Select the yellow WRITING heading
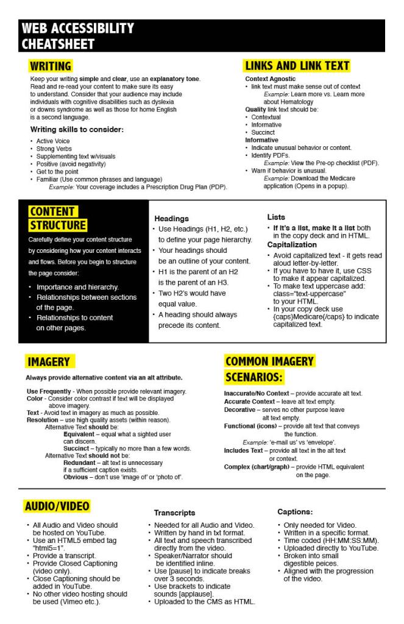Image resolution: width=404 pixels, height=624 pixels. pos(51,66)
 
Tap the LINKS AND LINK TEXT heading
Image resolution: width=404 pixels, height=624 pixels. pos(297,66)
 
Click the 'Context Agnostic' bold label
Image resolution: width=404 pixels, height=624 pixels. pos(271,79)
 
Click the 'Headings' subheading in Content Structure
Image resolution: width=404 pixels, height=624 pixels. pos(171,218)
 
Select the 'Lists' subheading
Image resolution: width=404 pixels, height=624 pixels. pos(275,217)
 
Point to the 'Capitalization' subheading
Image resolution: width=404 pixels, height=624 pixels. pos(291,244)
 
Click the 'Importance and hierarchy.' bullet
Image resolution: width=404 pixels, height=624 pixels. pos(77,287)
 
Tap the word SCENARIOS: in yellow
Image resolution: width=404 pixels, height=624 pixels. pos(253,378)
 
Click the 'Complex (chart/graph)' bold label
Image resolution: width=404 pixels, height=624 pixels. pos(257,467)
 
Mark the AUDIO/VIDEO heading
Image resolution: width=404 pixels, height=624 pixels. pos(57,506)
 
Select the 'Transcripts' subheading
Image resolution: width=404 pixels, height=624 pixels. pos(174,513)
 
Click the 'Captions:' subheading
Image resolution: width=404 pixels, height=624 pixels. pos(295,512)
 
